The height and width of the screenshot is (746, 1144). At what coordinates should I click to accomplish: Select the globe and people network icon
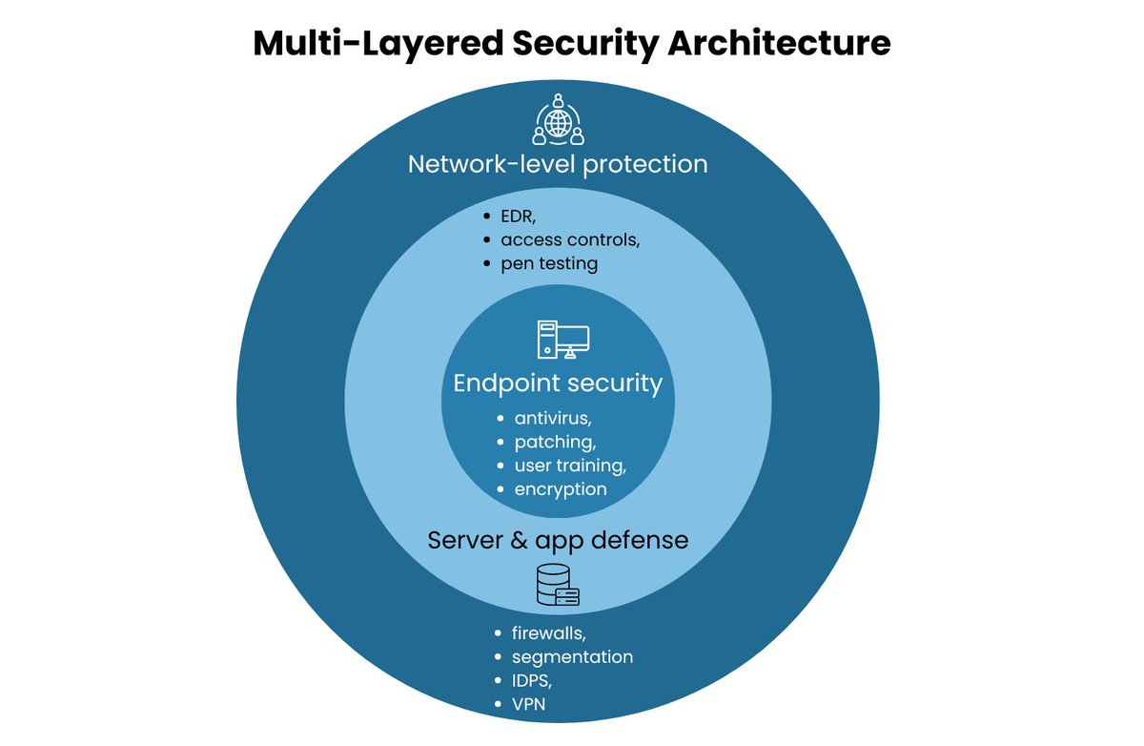point(558,120)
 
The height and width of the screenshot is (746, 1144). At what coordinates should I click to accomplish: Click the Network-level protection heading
point(558,164)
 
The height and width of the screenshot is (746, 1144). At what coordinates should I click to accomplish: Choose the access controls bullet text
point(570,239)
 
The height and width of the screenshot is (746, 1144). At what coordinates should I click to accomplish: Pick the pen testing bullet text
point(549,263)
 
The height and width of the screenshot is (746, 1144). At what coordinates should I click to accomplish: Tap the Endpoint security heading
point(558,383)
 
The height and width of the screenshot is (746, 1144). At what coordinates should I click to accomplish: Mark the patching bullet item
point(556,442)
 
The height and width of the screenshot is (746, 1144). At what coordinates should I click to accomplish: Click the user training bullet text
point(570,466)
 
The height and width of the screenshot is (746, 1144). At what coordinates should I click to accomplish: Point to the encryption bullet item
point(561,489)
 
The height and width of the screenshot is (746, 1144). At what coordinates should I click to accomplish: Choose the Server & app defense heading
point(558,540)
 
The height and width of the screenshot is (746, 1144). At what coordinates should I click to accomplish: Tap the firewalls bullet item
point(548,632)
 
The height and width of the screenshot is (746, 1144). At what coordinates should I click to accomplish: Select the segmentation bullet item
point(572,656)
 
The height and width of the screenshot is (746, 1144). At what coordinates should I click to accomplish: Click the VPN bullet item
point(529,705)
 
